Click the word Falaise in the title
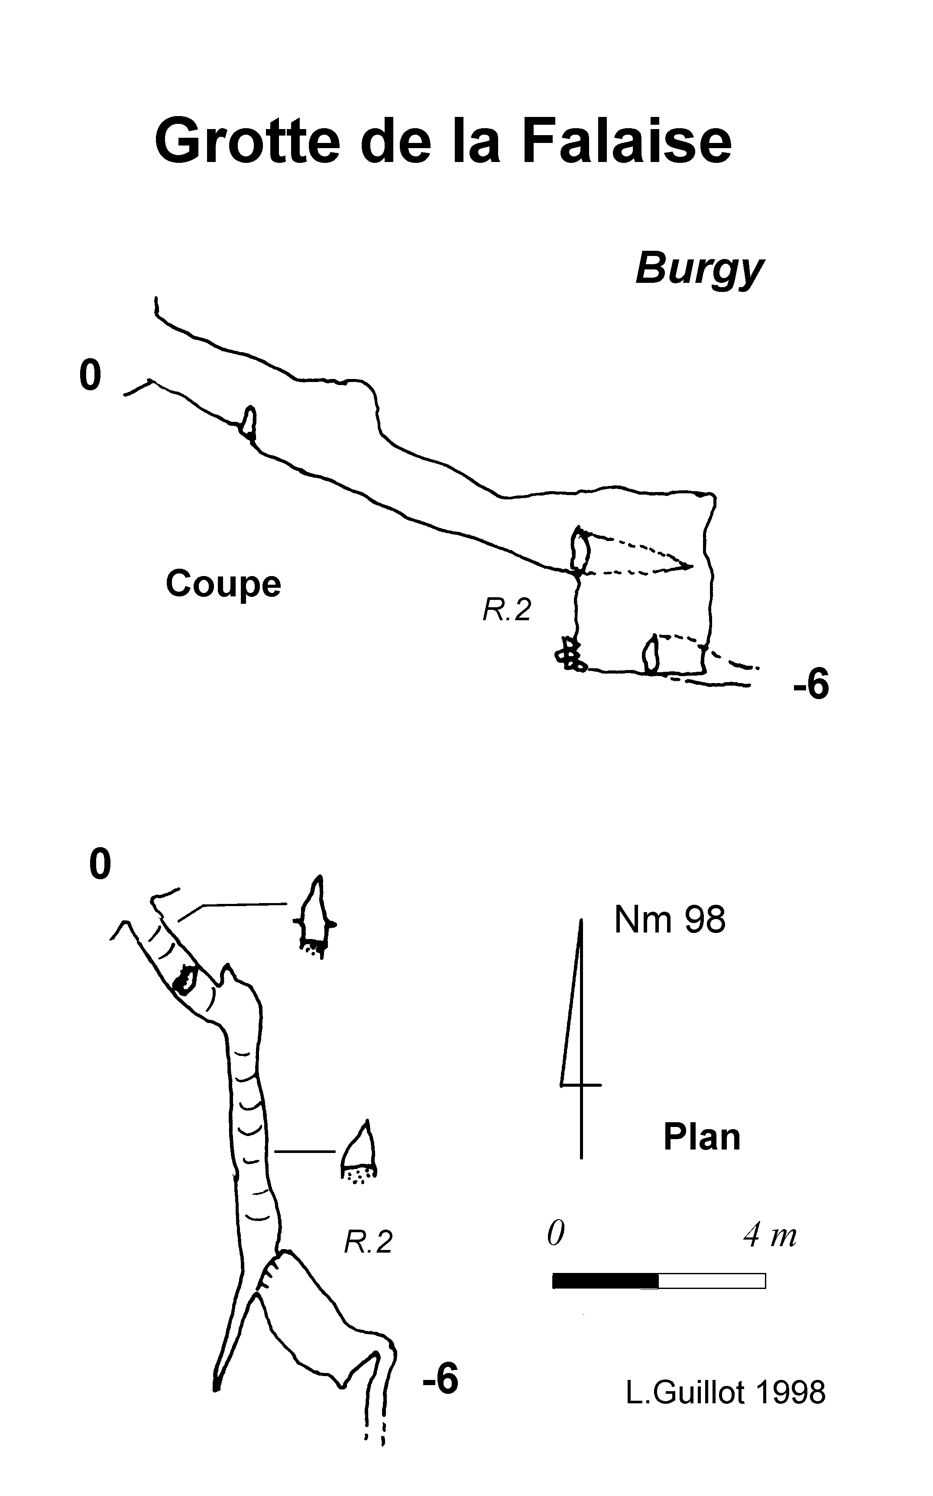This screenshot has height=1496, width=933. [x=627, y=142]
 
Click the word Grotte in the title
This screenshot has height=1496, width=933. [x=247, y=142]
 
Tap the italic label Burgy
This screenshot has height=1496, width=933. [x=699, y=269]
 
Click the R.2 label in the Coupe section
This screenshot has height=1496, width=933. [x=506, y=610]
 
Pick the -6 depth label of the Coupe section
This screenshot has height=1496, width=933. [x=811, y=684]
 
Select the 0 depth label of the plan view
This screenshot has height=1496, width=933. [x=100, y=864]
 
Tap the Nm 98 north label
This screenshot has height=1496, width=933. [x=670, y=920]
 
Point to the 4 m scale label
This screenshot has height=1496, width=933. [x=769, y=1235]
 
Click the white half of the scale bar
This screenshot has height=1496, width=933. [x=712, y=1281]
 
